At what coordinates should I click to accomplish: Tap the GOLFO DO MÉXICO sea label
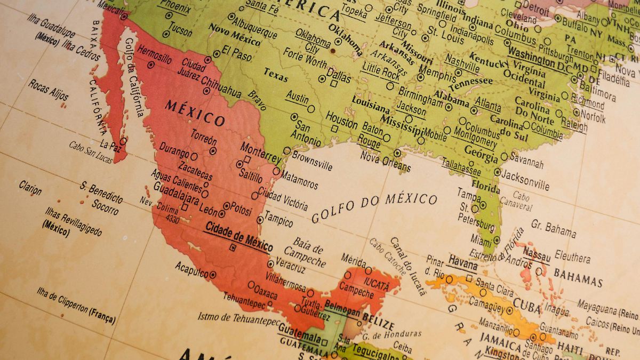point(374,207)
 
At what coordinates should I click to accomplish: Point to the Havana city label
point(462,261)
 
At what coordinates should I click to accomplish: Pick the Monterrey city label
point(260,152)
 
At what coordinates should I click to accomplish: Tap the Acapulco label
point(191,269)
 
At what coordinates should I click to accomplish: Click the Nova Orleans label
point(385,161)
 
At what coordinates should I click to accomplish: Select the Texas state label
point(276,75)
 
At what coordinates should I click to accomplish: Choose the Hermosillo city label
point(154,54)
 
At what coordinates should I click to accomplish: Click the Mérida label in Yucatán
point(353,260)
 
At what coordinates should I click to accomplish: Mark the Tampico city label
point(278,220)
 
